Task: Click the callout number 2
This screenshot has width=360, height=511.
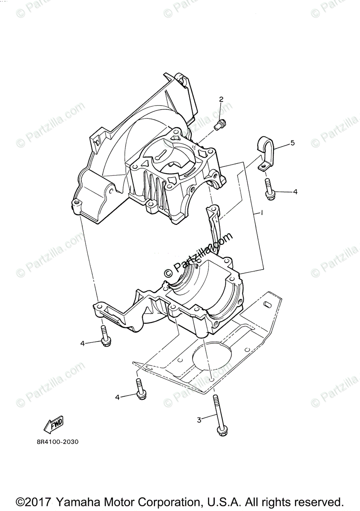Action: click(x=221, y=100)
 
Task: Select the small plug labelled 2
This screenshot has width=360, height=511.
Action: click(x=220, y=125)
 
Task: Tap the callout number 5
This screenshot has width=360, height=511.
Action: click(x=292, y=143)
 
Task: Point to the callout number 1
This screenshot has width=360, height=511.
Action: click(x=262, y=212)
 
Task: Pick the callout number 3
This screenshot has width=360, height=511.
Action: click(x=199, y=420)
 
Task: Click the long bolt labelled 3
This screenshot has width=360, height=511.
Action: click(x=218, y=413)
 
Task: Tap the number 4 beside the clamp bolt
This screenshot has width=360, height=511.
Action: click(x=295, y=192)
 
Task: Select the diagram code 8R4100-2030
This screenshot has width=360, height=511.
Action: click(x=58, y=442)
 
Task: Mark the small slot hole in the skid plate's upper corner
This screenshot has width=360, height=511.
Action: click(x=267, y=305)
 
